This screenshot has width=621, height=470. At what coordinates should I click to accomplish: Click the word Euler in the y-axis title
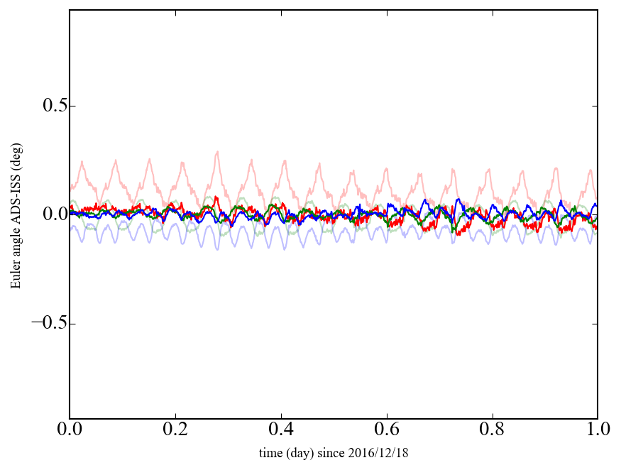coord(16,276)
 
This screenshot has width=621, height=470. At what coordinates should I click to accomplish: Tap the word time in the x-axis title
coord(270,453)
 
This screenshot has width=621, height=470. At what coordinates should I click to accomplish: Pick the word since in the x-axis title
coord(338,453)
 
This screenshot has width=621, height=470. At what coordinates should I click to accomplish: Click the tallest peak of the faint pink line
coord(217,151)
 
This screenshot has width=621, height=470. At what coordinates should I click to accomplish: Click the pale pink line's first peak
coord(82,162)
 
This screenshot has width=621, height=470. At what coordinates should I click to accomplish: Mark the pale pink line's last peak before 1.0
coord(590,170)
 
